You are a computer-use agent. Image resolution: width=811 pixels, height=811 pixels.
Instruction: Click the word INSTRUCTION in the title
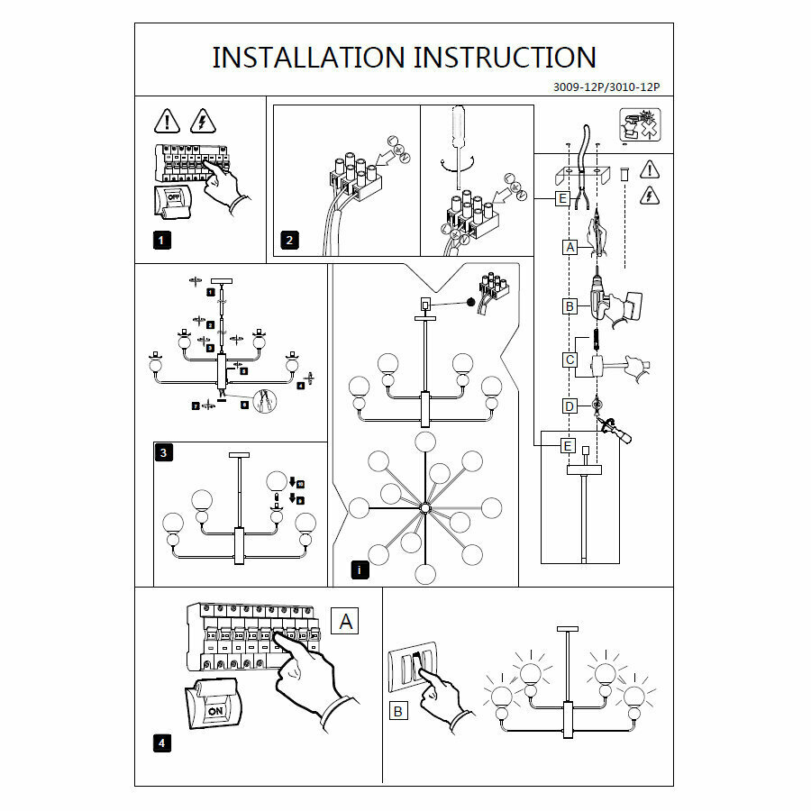click(505, 58)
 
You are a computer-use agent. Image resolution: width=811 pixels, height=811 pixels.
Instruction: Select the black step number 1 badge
click(160, 240)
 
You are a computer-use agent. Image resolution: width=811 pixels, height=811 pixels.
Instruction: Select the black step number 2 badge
click(288, 240)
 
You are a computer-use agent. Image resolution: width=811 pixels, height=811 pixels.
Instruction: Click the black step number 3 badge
click(162, 453)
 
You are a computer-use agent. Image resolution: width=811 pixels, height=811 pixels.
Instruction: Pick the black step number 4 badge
click(161, 743)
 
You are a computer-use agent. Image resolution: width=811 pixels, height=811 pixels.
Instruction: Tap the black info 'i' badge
click(359, 570)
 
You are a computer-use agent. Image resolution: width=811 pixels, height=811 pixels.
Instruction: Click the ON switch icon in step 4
click(215, 711)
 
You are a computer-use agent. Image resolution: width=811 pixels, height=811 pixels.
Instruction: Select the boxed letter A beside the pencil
click(570, 246)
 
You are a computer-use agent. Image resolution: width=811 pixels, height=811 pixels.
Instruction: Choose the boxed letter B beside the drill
click(570, 306)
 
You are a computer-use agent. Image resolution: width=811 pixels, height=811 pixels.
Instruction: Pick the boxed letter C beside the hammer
click(570, 360)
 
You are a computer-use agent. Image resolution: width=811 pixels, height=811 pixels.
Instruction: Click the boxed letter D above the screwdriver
click(570, 406)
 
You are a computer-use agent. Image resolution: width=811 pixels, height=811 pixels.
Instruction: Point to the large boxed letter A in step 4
click(346, 620)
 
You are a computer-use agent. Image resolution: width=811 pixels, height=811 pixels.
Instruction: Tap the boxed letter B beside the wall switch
click(397, 711)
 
